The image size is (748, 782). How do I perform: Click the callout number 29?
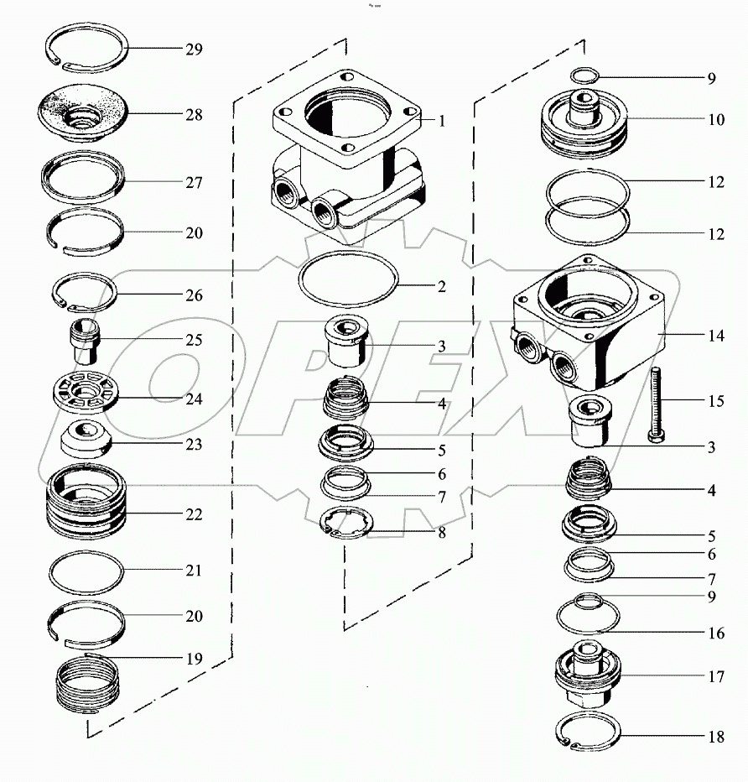(x=194, y=50)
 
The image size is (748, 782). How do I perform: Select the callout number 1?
(x=441, y=121)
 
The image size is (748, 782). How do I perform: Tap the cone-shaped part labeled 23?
(x=86, y=437)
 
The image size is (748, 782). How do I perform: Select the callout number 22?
(x=194, y=514)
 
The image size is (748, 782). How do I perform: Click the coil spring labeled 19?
(x=86, y=686)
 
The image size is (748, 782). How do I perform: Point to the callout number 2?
(x=441, y=286)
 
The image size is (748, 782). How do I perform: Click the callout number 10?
(x=715, y=120)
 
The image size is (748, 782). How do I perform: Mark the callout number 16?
(x=715, y=633)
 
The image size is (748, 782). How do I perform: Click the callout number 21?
(x=194, y=571)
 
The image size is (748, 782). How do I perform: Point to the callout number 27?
(x=194, y=182)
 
